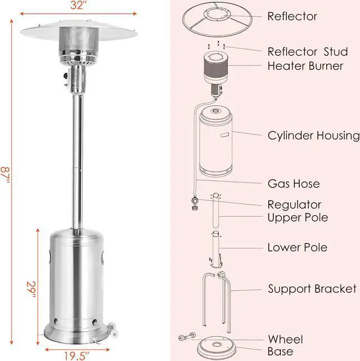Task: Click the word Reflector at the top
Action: pos(292,16)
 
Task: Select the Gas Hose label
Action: pos(294,184)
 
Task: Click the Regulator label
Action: pos(295,204)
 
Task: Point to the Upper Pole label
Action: pos(298,217)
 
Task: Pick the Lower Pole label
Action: pos(297,247)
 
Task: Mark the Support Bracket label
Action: pos(312,289)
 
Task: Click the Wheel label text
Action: pos(285,339)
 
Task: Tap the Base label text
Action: pos(280,351)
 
